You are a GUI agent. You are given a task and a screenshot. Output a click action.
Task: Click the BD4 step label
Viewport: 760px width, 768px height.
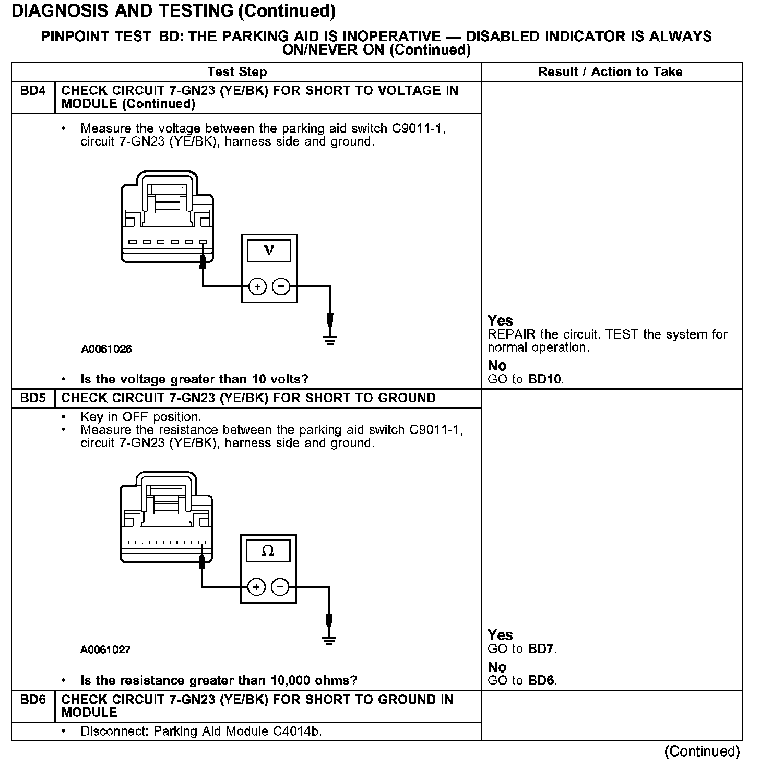click(32, 91)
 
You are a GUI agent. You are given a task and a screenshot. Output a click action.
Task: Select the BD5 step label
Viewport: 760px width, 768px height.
click(32, 398)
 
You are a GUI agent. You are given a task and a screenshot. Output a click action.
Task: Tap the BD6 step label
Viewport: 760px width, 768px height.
click(32, 700)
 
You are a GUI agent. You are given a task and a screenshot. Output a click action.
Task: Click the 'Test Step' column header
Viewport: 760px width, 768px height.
click(237, 72)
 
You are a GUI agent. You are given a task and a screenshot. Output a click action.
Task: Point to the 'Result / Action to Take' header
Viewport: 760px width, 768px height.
click(610, 72)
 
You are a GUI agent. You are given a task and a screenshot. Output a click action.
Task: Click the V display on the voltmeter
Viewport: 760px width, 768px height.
click(269, 250)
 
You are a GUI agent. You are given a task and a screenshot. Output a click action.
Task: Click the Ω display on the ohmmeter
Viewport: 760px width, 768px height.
click(268, 551)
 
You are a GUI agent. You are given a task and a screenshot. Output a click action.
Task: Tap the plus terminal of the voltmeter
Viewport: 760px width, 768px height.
click(257, 286)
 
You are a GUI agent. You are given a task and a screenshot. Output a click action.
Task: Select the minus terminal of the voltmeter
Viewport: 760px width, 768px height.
click(281, 286)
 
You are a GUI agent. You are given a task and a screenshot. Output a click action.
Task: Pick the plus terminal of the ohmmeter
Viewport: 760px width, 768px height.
click(256, 587)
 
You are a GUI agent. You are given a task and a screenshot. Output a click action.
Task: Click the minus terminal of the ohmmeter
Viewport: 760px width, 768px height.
click(280, 587)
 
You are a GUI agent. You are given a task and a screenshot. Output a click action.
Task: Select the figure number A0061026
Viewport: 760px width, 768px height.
click(106, 350)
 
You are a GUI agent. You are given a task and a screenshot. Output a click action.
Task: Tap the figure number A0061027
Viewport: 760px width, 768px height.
click(105, 650)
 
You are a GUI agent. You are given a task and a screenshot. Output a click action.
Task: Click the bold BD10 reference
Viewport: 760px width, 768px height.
click(545, 379)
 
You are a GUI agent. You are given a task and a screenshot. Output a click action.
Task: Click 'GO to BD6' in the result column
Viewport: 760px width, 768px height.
click(522, 680)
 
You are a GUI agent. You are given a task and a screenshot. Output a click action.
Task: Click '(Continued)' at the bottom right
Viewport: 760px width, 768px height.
click(702, 751)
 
